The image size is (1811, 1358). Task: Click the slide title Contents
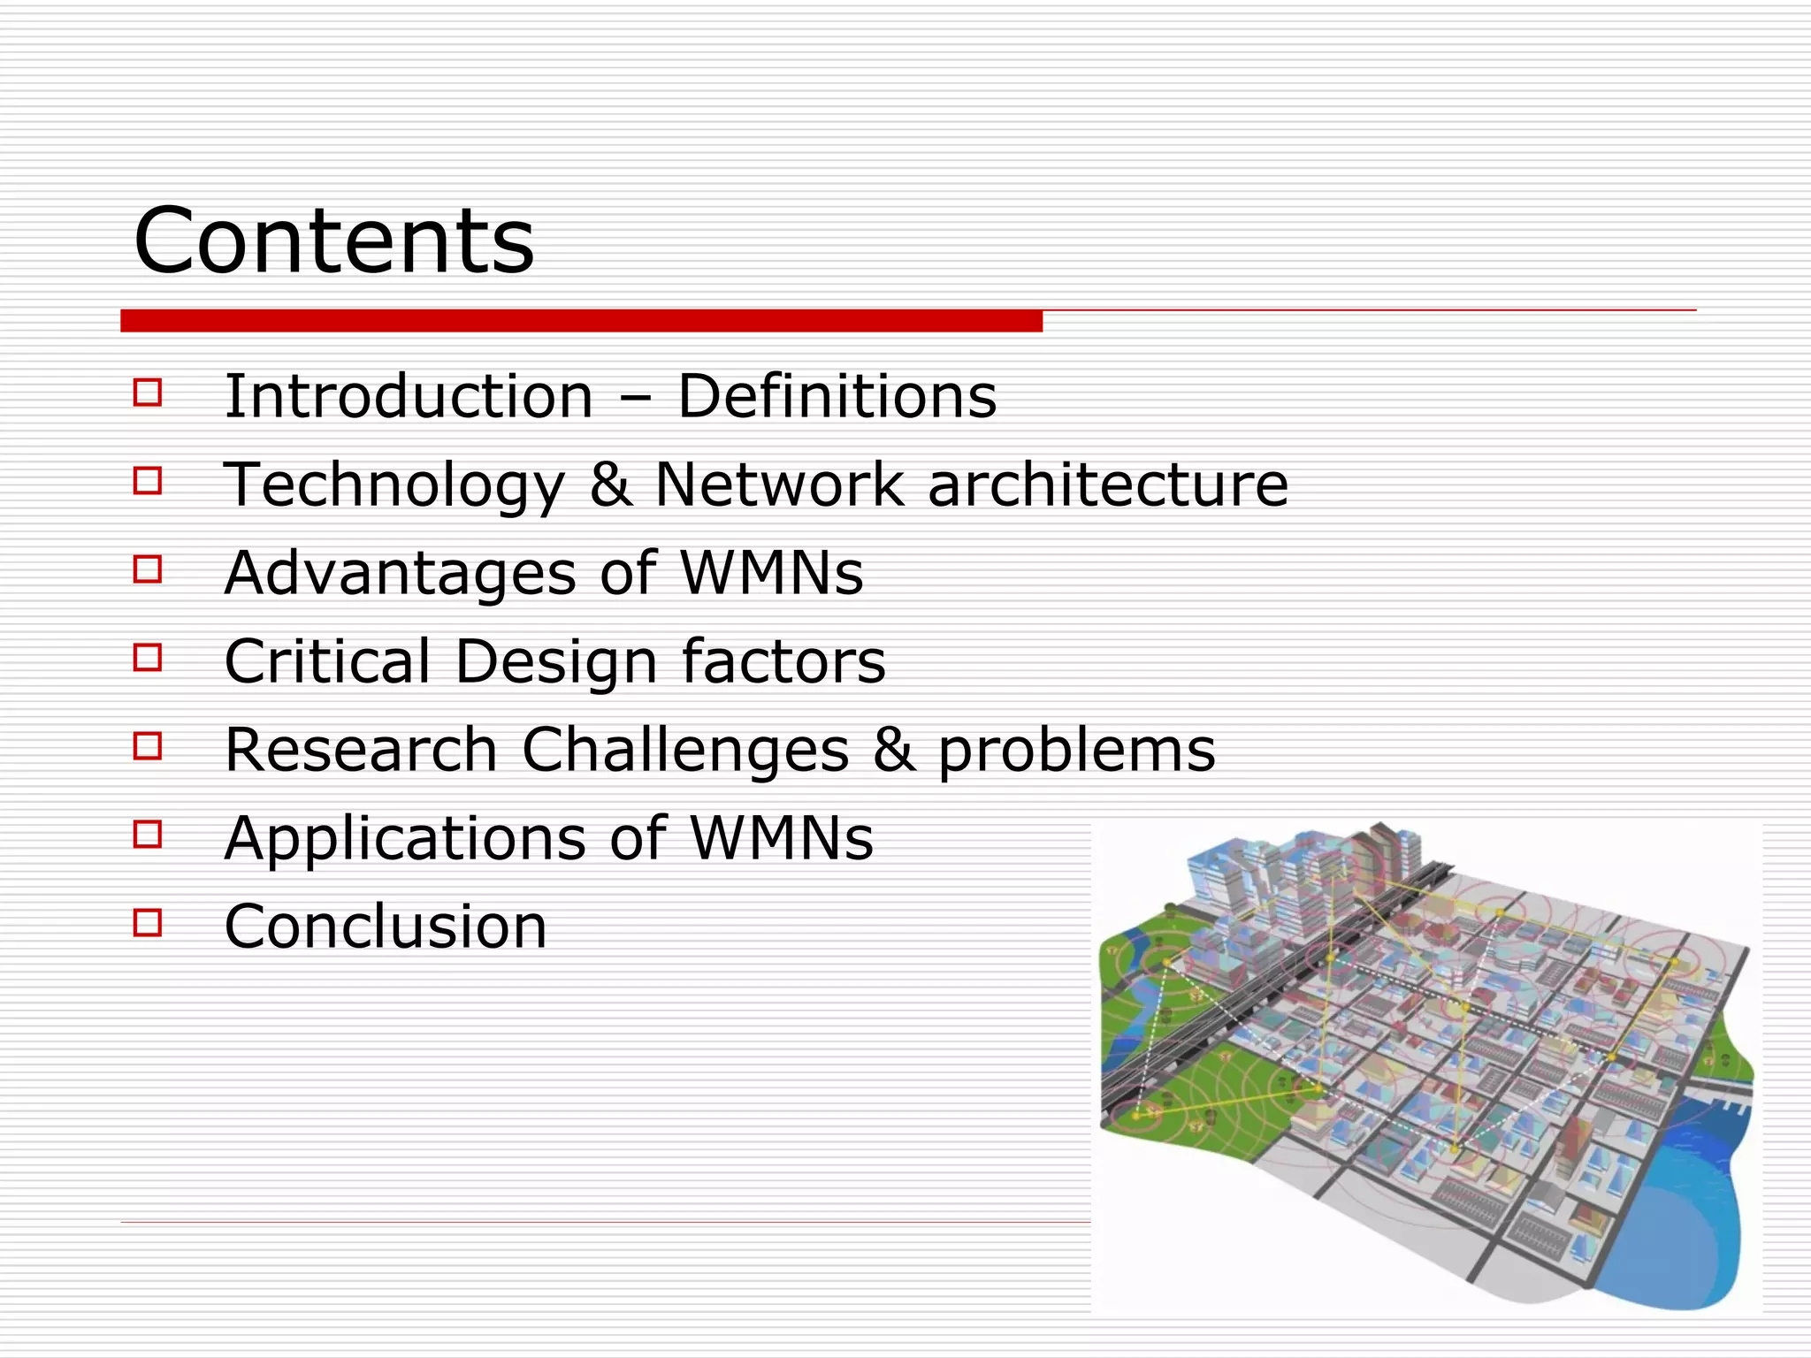point(333,240)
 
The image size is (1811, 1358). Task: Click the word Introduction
point(409,396)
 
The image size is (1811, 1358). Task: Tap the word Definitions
point(837,396)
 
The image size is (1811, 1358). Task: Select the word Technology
point(394,486)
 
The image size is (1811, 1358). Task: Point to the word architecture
point(1108,484)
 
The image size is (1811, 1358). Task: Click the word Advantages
point(401,573)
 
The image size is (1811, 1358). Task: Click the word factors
point(783,661)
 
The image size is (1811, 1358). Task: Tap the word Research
point(361,750)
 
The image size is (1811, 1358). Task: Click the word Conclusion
point(386,927)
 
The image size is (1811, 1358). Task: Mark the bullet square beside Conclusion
point(148,923)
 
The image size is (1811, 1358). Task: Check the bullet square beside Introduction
point(148,392)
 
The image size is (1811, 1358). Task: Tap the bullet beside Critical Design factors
point(148,657)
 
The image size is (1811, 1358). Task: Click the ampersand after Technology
point(610,484)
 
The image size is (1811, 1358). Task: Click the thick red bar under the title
point(581,321)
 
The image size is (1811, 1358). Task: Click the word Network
point(779,484)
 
